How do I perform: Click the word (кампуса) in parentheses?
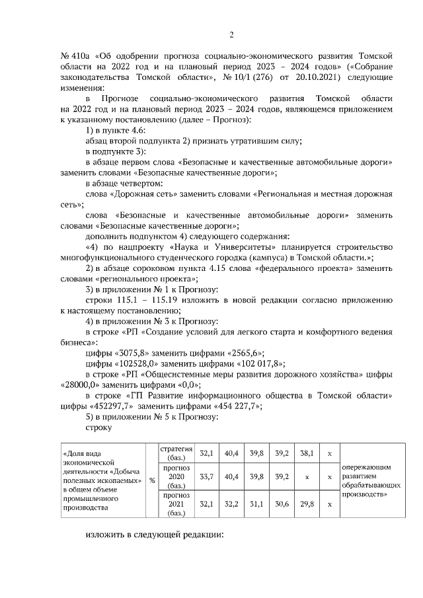coord(266,258)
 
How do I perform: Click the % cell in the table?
coord(152,480)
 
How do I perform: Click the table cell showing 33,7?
coord(206,476)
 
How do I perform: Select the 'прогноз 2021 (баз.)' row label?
coord(176,504)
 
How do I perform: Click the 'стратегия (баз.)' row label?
coord(176,454)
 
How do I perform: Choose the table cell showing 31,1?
coord(256,504)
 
